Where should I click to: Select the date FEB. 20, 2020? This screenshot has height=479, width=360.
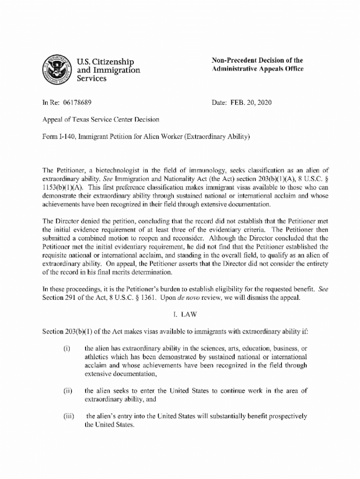[x=250, y=102]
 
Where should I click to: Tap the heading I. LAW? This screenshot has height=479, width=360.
[x=180, y=314]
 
